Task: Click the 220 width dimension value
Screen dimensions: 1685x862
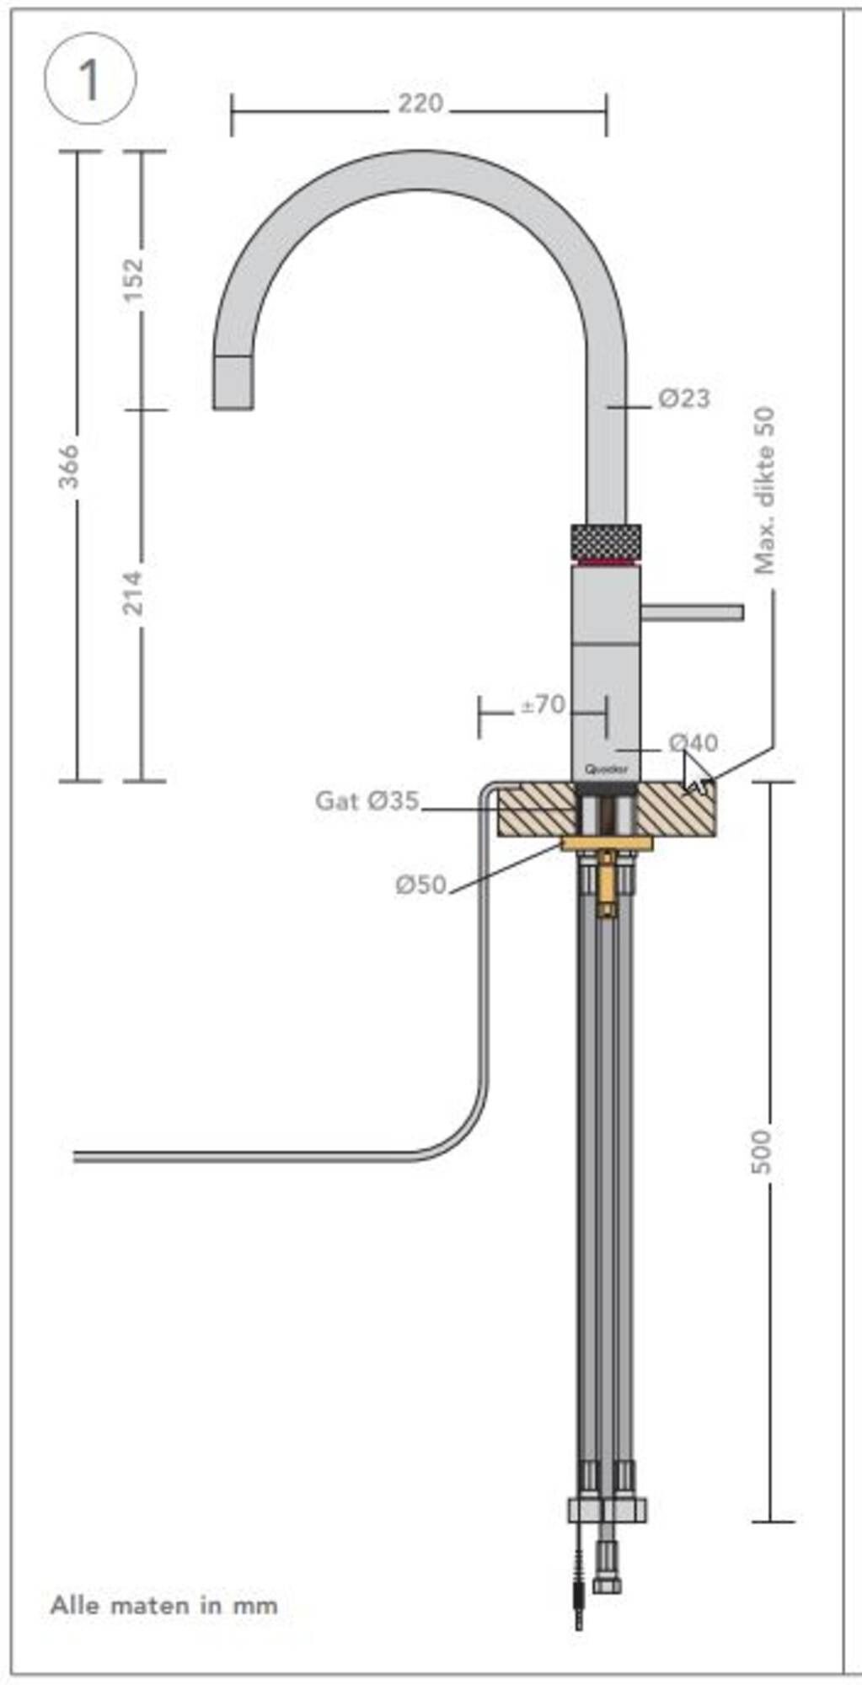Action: tap(420, 104)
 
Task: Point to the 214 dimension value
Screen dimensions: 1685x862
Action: tap(134, 591)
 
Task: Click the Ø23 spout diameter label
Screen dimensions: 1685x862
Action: tap(683, 398)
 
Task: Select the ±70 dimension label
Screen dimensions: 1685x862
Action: tap(543, 704)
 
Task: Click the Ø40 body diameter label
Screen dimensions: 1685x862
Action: tap(693, 742)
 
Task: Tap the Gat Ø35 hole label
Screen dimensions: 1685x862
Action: tap(367, 800)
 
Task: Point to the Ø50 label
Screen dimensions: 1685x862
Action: tap(420, 885)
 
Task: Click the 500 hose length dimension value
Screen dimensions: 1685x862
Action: tap(761, 1152)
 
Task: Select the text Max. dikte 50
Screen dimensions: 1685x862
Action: tap(764, 491)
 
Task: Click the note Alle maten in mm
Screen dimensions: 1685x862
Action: tap(164, 1605)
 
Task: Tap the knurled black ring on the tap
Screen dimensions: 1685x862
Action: tap(605, 541)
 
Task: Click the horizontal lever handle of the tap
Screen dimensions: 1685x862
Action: tap(692, 611)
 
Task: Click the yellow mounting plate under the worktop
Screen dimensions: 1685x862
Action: tap(607, 843)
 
